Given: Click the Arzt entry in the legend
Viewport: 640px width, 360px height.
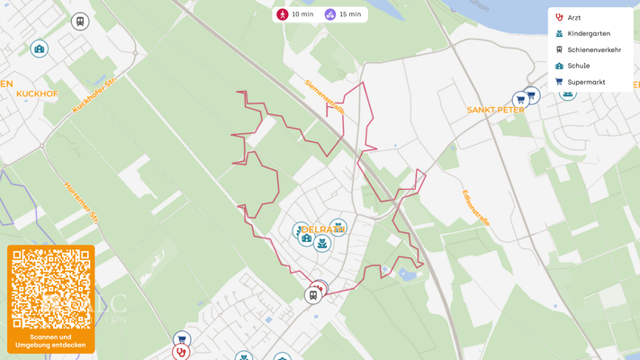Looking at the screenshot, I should (x=573, y=18).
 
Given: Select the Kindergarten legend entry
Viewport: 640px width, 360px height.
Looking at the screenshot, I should (x=588, y=34).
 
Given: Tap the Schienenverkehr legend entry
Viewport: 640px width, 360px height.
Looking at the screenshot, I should (x=593, y=50).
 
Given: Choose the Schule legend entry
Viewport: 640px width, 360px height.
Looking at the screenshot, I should (x=578, y=66).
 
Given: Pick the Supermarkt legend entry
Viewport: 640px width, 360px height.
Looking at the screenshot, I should (x=585, y=82).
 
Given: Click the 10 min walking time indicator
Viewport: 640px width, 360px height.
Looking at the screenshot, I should (x=295, y=14).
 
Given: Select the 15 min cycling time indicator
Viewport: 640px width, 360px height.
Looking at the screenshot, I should (x=343, y=14).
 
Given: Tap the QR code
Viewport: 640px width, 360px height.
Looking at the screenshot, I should (x=51, y=289).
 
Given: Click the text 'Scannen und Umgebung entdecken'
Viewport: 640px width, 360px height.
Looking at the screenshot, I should (x=51, y=340).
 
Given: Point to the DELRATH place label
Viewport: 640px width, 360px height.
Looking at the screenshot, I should (x=323, y=229).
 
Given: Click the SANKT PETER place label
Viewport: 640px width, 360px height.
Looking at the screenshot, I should (x=495, y=110).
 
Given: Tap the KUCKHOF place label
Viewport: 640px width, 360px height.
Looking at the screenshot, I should (x=37, y=94).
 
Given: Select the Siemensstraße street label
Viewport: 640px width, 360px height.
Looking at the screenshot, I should (x=324, y=96).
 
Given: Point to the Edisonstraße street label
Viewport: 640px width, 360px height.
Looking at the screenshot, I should (x=475, y=207).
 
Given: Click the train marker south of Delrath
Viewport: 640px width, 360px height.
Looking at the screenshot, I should (x=312, y=295).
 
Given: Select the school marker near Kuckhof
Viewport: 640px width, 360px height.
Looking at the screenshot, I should (x=39, y=49).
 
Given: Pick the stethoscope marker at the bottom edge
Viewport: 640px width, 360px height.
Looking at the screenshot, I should (x=181, y=353).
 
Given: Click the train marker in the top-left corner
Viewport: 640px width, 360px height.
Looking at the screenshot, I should (x=80, y=22).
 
